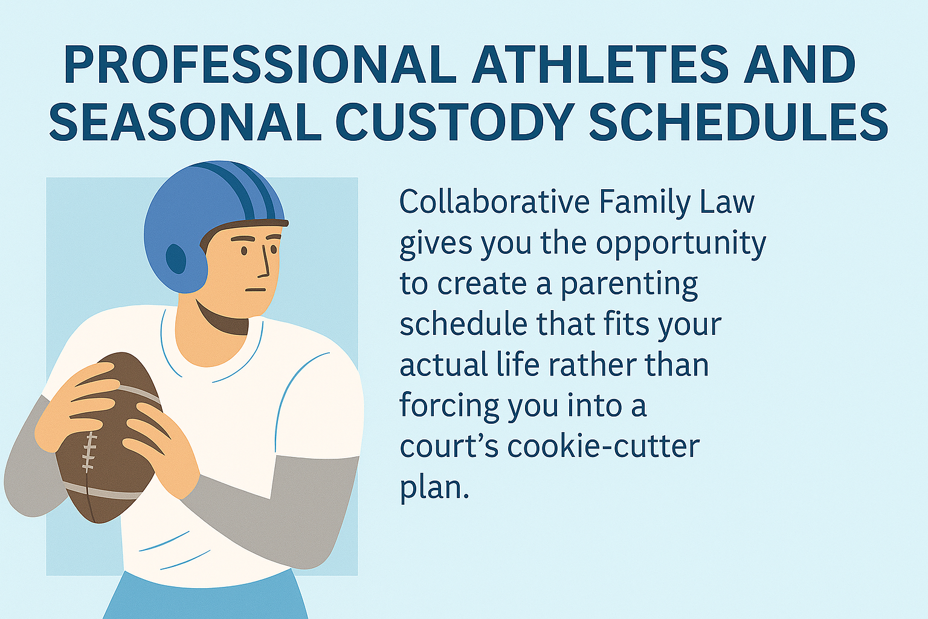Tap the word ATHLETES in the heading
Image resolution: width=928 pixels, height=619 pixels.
click(x=602, y=65)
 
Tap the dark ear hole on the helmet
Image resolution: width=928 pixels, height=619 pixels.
click(x=176, y=259)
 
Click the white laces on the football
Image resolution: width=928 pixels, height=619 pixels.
click(x=89, y=452)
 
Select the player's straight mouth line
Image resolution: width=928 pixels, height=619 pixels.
click(x=255, y=290)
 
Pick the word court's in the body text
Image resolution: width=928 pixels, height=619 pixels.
click(x=449, y=447)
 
